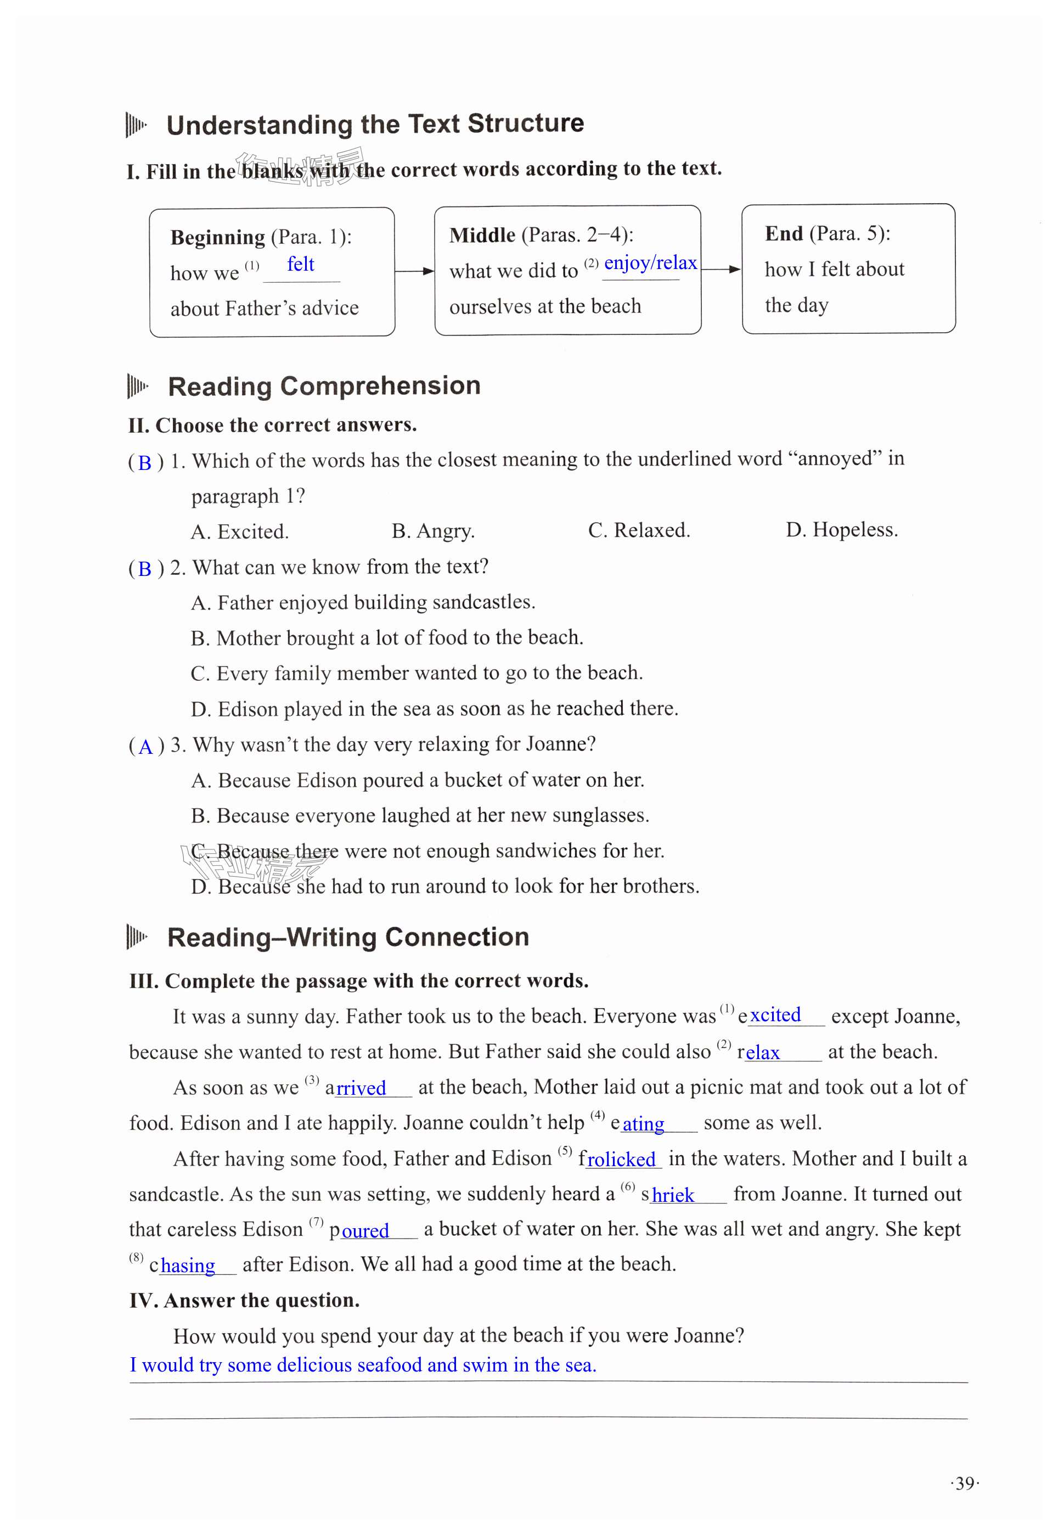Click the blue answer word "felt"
tap(300, 265)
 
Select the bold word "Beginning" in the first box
tap(217, 237)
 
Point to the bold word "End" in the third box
tap(784, 233)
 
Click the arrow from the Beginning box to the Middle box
tap(414, 271)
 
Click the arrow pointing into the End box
tap(721, 268)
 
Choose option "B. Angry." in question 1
tap(433, 530)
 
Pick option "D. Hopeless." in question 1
tap(841, 529)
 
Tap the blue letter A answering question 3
tap(146, 747)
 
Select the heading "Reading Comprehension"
tap(324, 386)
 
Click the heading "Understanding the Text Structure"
tap(375, 124)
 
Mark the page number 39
tap(965, 1483)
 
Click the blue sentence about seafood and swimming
tap(363, 1365)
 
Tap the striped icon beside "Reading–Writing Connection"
tap(136, 937)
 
